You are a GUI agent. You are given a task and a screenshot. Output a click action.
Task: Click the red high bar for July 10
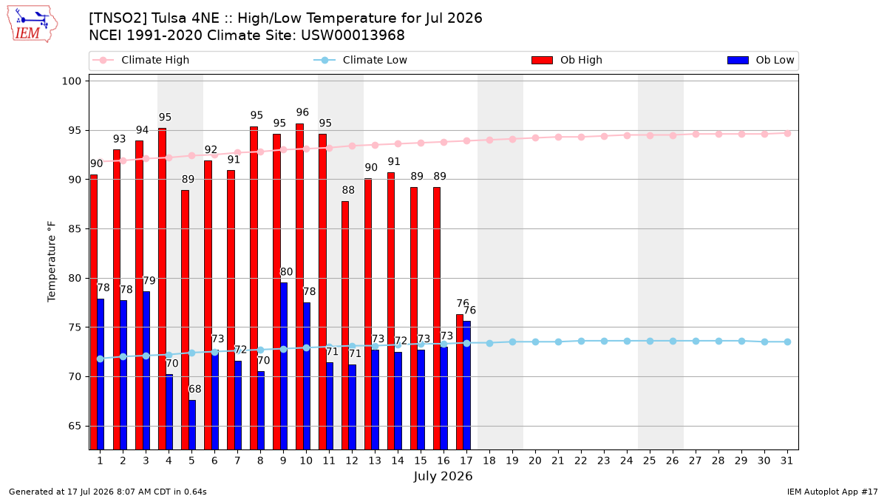point(300,286)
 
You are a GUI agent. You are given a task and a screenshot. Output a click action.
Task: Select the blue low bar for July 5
point(192,424)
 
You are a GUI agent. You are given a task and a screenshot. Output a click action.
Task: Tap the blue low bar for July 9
point(284,366)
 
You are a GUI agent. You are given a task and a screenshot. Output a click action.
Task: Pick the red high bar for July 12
point(345,325)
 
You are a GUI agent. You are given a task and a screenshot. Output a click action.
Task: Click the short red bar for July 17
point(460,381)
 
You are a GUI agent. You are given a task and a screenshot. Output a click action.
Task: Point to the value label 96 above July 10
point(302,112)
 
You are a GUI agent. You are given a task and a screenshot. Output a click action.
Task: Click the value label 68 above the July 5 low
point(195,390)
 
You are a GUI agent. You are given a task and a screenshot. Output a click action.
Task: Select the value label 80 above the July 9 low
point(286,272)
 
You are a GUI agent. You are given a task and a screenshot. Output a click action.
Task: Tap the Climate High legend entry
point(140,60)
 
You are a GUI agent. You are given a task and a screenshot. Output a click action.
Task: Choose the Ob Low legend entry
point(761,60)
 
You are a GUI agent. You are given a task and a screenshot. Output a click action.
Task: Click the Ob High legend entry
point(567,60)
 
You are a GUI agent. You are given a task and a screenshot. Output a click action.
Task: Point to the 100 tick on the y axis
point(71,81)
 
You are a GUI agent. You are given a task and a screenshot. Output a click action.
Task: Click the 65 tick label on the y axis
point(75,426)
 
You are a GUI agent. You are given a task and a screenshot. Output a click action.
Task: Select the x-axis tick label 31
point(786,461)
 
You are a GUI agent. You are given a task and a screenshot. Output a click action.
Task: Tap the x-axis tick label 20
point(535,461)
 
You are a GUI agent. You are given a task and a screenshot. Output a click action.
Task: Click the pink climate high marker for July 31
point(788,134)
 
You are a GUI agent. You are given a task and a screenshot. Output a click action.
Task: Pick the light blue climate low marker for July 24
point(628,341)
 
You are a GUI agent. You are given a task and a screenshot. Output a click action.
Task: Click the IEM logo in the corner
point(33,24)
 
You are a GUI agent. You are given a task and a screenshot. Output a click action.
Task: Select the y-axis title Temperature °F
point(52,262)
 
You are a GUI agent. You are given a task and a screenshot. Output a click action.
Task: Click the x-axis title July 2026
point(443,476)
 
